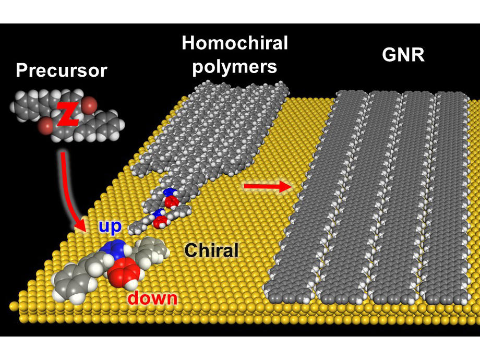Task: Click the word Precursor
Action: (x=61, y=70)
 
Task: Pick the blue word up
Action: (x=110, y=226)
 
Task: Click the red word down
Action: (x=152, y=298)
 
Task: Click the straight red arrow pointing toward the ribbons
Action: (x=266, y=187)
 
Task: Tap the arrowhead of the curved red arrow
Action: (x=80, y=226)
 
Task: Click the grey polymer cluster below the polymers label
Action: (x=230, y=125)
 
